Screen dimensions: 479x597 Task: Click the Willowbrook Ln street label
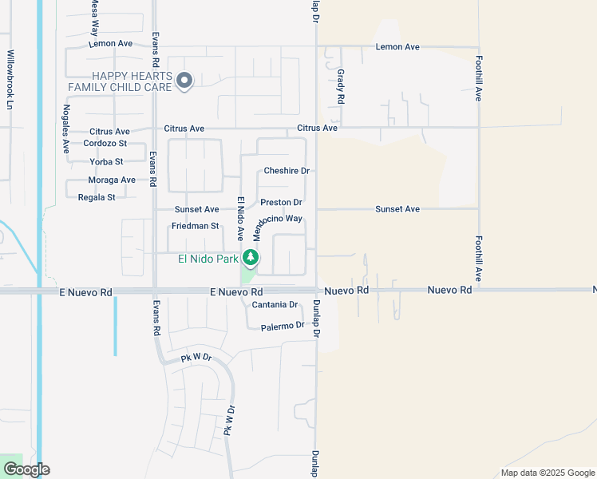pyautogui.click(x=10, y=81)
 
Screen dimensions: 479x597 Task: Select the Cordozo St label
pyautogui.click(x=105, y=144)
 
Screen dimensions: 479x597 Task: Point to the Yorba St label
pyautogui.click(x=106, y=161)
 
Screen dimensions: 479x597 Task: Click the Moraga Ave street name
pyautogui.click(x=112, y=180)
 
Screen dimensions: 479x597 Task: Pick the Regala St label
pyautogui.click(x=97, y=197)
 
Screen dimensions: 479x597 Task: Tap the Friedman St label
pyautogui.click(x=195, y=226)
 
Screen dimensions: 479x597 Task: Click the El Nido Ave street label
pyautogui.click(x=239, y=218)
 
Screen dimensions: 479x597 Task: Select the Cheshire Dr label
pyautogui.click(x=286, y=171)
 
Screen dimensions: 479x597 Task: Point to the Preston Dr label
pyautogui.click(x=281, y=203)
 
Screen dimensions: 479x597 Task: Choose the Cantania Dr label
pyautogui.click(x=275, y=305)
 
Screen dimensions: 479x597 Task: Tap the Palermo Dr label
pyautogui.click(x=283, y=326)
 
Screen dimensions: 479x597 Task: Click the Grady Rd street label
pyautogui.click(x=341, y=86)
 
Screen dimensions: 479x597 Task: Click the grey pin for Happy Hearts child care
pyautogui.click(x=185, y=80)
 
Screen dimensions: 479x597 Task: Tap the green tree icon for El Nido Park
pyautogui.click(x=251, y=257)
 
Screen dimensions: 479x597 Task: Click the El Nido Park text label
pyautogui.click(x=208, y=258)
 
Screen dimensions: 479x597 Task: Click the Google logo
pyautogui.click(x=26, y=469)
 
